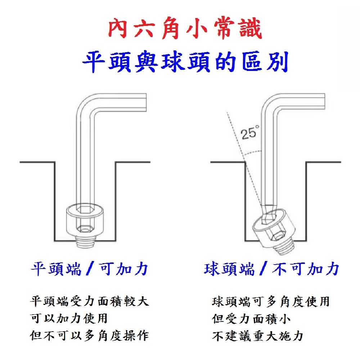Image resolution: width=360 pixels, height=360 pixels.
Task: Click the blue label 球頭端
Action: tap(229, 269)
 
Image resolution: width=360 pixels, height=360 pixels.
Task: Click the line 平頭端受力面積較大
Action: tap(89, 301)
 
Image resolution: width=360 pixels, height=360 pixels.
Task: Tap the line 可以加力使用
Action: tap(69, 319)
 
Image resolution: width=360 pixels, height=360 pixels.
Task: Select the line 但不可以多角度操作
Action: tap(89, 336)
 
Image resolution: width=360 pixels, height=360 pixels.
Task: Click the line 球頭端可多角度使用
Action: tap(271, 301)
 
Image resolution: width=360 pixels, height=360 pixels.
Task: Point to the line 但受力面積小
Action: tap(252, 319)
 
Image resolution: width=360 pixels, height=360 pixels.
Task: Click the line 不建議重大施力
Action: tap(258, 336)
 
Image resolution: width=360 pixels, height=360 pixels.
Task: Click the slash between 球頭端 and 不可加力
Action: tap(264, 269)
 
